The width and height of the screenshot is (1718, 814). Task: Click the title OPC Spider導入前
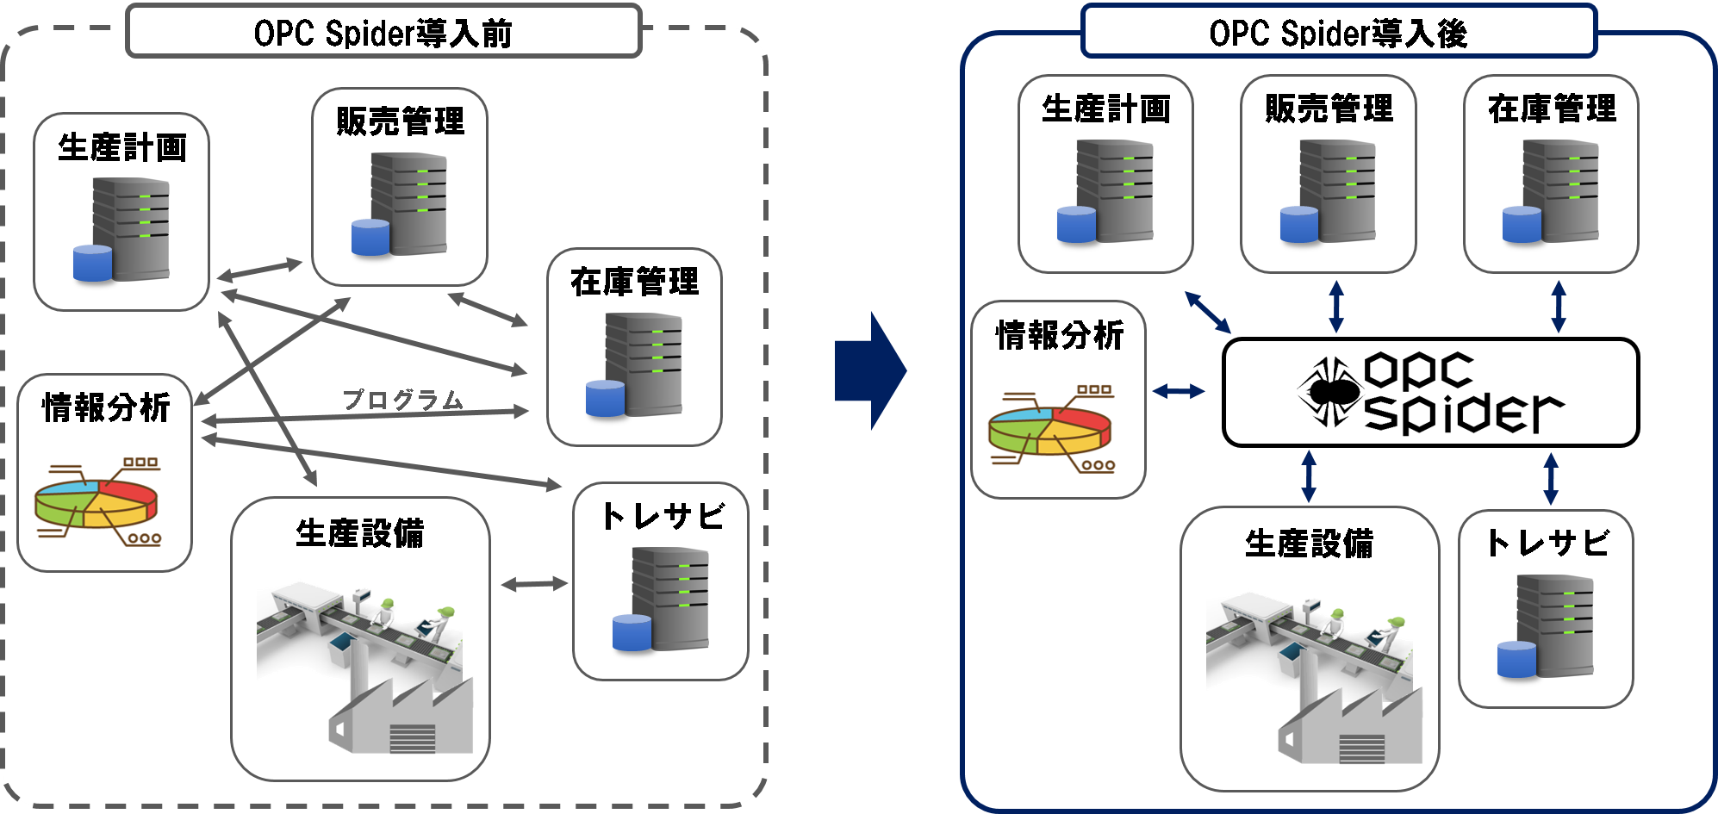pyautogui.click(x=383, y=33)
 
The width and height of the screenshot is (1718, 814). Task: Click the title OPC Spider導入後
pyautogui.click(x=1337, y=33)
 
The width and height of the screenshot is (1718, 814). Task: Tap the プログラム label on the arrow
pyautogui.click(x=403, y=400)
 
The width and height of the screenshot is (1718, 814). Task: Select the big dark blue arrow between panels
pyautogui.click(x=870, y=370)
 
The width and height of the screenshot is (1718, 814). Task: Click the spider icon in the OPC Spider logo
pyautogui.click(x=1329, y=392)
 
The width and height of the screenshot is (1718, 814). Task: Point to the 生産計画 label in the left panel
pyautogui.click(x=122, y=147)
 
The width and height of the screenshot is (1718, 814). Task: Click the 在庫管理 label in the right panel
pyautogui.click(x=1552, y=109)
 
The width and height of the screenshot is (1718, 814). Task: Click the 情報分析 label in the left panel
pyautogui.click(x=106, y=407)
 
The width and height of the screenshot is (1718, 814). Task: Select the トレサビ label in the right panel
pyautogui.click(x=1547, y=543)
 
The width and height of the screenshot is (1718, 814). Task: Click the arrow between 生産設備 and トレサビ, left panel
pyautogui.click(x=534, y=584)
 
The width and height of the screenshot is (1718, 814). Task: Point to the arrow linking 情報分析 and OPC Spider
pyautogui.click(x=1179, y=391)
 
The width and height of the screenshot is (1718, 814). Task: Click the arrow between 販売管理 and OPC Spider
pyautogui.click(x=1336, y=306)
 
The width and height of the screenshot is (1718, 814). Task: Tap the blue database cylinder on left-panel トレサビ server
pyautogui.click(x=632, y=632)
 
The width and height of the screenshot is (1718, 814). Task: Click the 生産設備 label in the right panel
pyautogui.click(x=1309, y=544)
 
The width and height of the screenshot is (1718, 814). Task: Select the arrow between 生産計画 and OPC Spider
pyautogui.click(x=1208, y=312)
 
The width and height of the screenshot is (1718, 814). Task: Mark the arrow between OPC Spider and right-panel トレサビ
pyautogui.click(x=1551, y=478)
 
